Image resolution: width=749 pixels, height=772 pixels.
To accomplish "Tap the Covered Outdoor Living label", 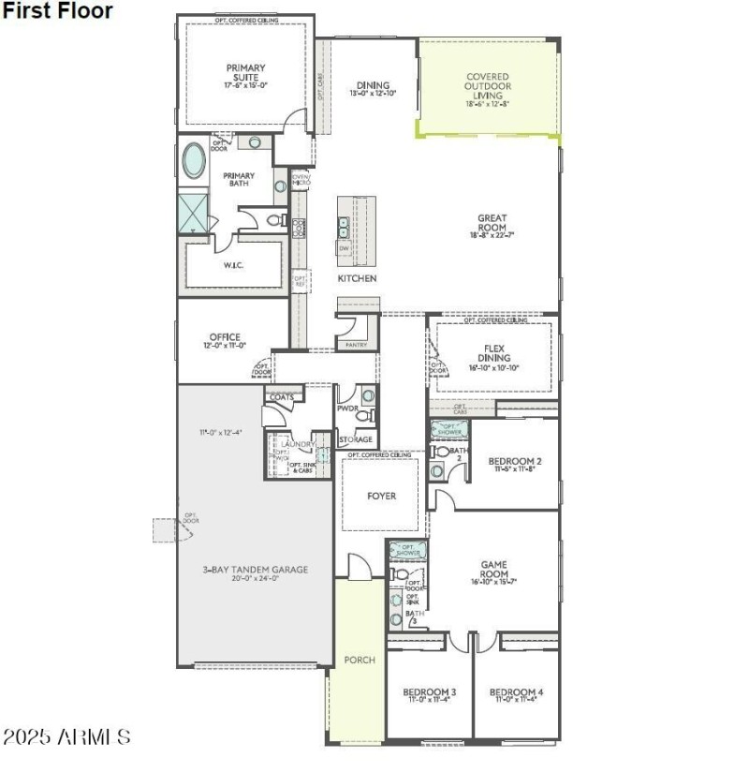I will click(488, 86).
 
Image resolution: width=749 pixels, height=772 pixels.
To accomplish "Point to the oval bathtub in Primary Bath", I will click(195, 161).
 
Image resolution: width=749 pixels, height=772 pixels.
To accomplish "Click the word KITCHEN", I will click(358, 279).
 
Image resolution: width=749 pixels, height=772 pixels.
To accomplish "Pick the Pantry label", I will click(357, 345).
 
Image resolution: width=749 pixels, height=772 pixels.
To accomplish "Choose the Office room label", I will click(226, 337).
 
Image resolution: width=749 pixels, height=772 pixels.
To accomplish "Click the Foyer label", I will click(381, 496).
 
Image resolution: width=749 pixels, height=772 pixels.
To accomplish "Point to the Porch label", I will click(360, 661).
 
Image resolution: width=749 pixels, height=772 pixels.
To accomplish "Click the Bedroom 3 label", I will click(429, 692).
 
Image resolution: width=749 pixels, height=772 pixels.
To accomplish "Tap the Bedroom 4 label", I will click(516, 692).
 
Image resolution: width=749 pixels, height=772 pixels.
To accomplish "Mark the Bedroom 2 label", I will click(515, 461).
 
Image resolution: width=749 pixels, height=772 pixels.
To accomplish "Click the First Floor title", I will click(57, 11).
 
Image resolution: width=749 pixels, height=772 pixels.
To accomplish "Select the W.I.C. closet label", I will click(233, 265).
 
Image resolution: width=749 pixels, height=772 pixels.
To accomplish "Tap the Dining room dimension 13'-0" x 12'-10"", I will click(373, 94).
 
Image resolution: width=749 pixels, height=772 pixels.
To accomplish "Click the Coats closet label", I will click(282, 397).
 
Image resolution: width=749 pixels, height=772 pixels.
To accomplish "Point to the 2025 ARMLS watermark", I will click(66, 737).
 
